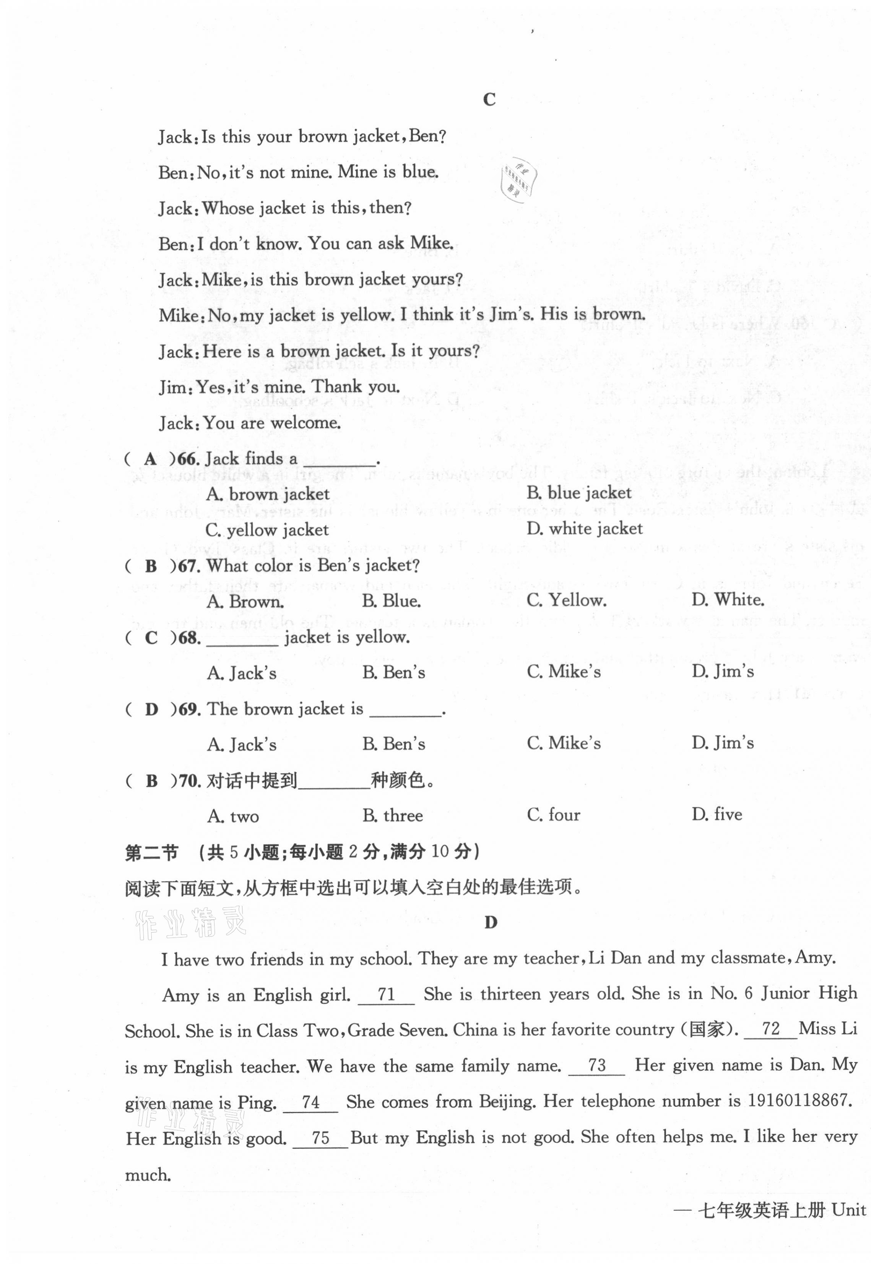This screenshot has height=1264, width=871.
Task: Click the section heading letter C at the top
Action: pyautogui.click(x=489, y=100)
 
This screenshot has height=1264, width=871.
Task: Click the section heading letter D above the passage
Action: pyautogui.click(x=490, y=922)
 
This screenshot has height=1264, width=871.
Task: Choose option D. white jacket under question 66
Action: pyautogui.click(x=585, y=529)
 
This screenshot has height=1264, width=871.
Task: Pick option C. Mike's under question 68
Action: pyautogui.click(x=563, y=672)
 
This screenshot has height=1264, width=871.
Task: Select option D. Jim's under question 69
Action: pyautogui.click(x=723, y=743)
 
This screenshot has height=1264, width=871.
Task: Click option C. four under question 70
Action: pyautogui.click(x=553, y=815)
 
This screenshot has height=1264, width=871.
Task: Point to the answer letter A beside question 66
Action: pyautogui.click(x=150, y=459)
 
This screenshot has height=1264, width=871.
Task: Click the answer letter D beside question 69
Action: pyautogui.click(x=151, y=710)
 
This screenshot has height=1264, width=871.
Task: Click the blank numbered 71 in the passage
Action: pyautogui.click(x=386, y=995)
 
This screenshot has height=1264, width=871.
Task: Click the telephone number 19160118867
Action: pyautogui.click(x=798, y=1100)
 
